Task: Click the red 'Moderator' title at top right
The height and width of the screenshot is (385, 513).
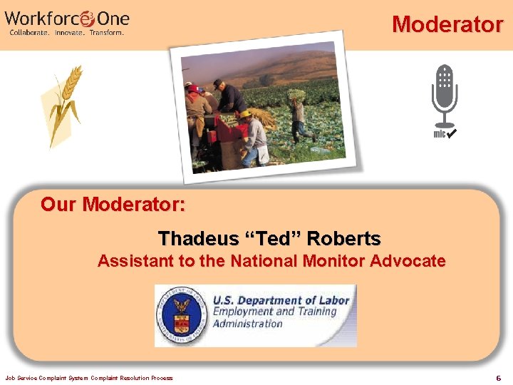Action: tap(447, 24)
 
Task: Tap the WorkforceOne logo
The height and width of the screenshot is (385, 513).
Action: tap(67, 21)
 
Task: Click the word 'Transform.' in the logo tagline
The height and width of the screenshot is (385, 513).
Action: tap(107, 33)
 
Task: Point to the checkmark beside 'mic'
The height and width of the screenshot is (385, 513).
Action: tap(452, 133)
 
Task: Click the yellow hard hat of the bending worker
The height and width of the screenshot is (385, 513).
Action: tap(244, 113)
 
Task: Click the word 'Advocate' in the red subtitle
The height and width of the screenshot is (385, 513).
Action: tap(408, 261)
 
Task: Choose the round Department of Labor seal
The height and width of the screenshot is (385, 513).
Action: tap(183, 316)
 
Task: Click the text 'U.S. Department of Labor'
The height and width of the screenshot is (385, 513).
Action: tap(281, 300)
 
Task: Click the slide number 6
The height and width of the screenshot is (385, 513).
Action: tap(498, 377)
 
